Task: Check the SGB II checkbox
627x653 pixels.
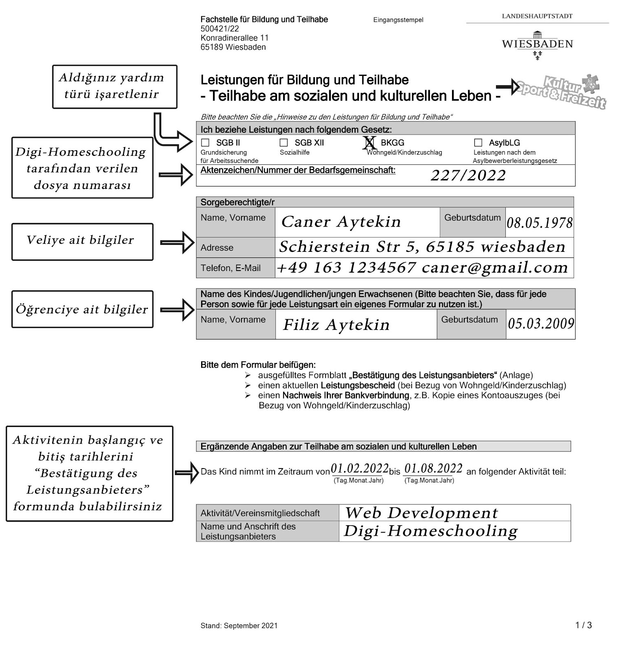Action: pos(206,142)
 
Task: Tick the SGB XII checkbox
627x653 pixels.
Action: pos(284,142)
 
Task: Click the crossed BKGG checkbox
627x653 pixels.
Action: pos(369,142)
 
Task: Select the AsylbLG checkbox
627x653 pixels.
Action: pos(478,142)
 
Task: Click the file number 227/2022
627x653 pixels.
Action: pos(468,175)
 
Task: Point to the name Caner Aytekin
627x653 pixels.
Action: pos(341,222)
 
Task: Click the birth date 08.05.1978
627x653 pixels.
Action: pos(539,223)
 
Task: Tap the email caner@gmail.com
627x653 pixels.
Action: pos(494,268)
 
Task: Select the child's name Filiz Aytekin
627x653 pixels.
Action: pos(336,325)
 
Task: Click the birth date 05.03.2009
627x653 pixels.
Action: pos(541,324)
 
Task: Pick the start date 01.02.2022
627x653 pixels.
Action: pos(359,469)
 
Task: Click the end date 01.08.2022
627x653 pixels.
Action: pos(433,469)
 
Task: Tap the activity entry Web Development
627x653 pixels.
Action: pos(421,513)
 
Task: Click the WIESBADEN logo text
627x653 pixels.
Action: pos(537,44)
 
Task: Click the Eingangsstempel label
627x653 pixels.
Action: pos(398,20)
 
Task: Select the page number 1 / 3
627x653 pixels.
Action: pos(583,625)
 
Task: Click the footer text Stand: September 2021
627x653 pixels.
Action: pos(239,626)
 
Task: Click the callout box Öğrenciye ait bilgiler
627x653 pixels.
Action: pos(82,309)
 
